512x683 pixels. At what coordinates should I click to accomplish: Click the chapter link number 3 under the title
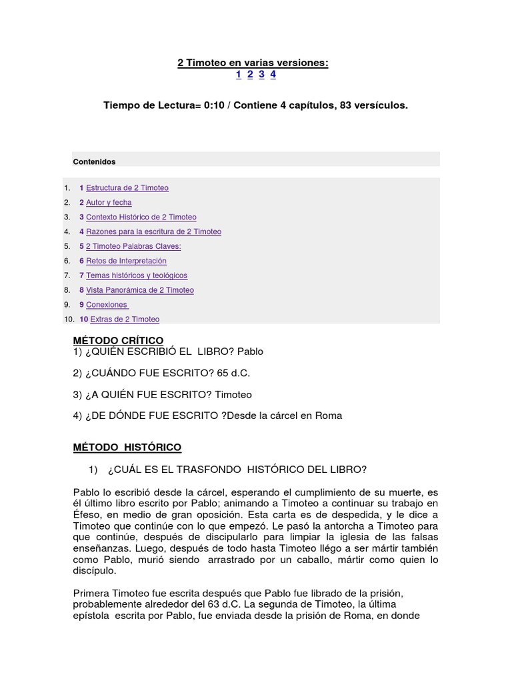(x=262, y=75)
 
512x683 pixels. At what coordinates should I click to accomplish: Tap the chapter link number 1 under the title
(x=239, y=75)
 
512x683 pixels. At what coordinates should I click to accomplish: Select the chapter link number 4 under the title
(x=273, y=75)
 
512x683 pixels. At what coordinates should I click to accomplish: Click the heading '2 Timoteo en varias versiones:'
(x=253, y=63)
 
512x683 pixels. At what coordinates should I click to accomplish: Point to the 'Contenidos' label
(x=94, y=161)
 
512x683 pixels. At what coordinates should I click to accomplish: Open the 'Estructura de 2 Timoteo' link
(x=127, y=188)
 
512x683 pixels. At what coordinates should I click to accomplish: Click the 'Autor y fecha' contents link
(x=109, y=203)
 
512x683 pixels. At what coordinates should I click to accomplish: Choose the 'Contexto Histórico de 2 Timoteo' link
(x=141, y=217)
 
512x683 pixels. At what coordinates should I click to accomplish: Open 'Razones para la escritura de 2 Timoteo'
(x=153, y=232)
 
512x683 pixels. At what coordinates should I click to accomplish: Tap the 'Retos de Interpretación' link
(x=126, y=261)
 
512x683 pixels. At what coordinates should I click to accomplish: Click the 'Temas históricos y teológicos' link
(x=137, y=276)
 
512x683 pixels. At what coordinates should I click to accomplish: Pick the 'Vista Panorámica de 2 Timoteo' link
(x=139, y=291)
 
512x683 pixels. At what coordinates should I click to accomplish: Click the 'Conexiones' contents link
(x=107, y=305)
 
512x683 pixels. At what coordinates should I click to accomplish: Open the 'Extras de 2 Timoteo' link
(x=123, y=319)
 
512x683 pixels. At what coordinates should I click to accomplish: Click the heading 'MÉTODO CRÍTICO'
(x=118, y=341)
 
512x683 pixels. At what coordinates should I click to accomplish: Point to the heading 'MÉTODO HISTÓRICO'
(x=127, y=447)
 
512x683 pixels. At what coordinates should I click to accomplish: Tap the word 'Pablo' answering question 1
(x=250, y=352)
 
